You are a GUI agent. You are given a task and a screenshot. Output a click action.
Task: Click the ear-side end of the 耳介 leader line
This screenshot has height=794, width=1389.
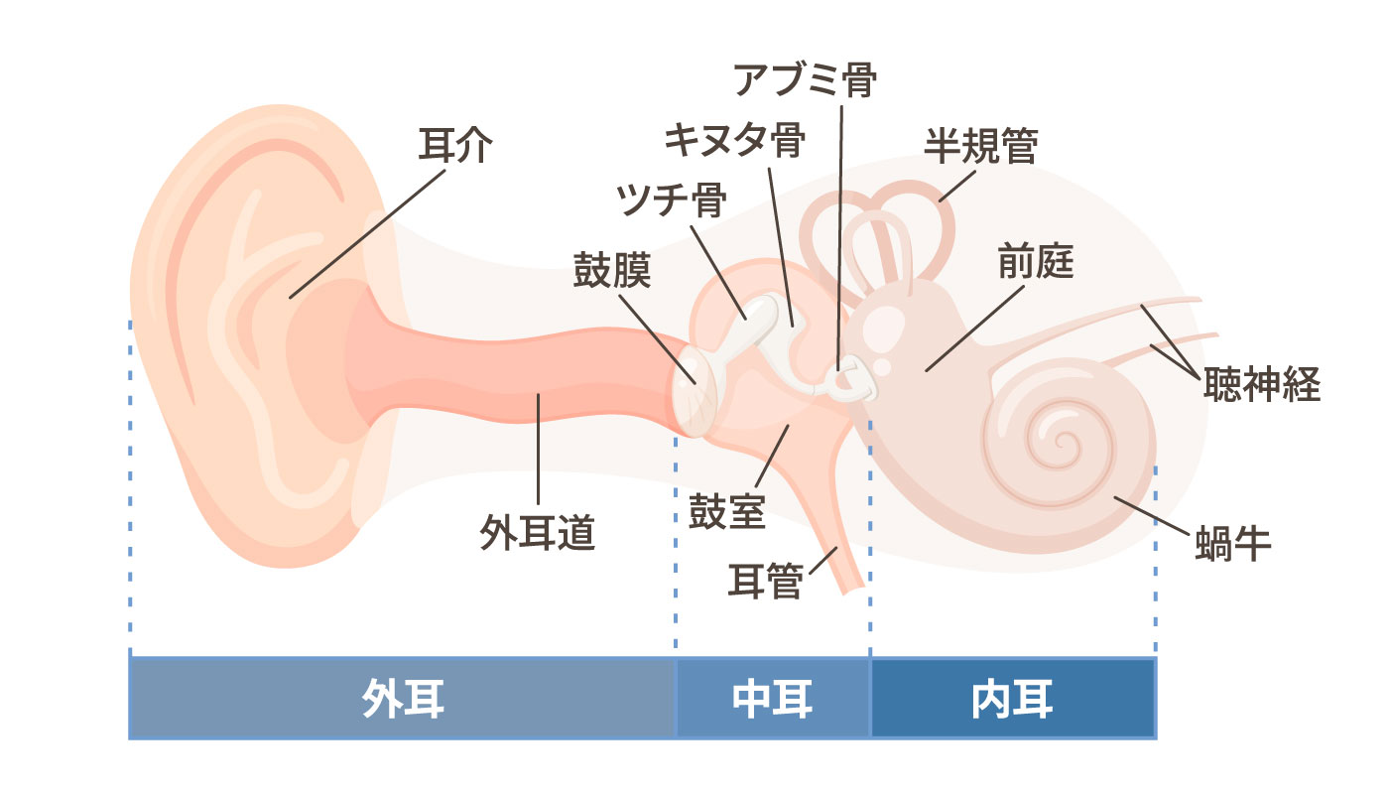point(290,299)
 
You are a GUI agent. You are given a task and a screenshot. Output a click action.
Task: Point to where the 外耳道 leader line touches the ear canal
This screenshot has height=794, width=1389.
point(538,395)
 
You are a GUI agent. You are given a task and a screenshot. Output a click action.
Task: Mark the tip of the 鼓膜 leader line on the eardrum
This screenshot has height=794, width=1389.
point(694,383)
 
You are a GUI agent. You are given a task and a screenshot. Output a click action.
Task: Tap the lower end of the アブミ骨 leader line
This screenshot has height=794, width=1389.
point(837,371)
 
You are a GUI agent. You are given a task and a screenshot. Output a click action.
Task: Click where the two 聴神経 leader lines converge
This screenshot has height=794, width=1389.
point(1199,377)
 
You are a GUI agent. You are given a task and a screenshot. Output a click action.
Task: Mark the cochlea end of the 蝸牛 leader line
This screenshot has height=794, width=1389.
point(1115,497)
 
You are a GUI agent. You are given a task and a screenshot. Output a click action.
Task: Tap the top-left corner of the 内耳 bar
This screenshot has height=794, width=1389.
point(871,658)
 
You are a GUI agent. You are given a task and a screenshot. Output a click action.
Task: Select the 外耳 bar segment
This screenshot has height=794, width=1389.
point(402,698)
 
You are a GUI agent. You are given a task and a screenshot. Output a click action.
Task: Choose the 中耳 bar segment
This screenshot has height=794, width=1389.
point(773,698)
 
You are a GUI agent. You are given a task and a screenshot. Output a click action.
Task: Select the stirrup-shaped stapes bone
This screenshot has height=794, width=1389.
point(851,378)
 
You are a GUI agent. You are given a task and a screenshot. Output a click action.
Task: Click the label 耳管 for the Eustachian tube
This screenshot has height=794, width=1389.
point(766,581)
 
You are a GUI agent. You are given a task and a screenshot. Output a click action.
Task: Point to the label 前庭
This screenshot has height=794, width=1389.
point(1036,262)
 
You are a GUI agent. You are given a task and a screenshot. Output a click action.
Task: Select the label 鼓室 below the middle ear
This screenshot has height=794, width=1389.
point(726,511)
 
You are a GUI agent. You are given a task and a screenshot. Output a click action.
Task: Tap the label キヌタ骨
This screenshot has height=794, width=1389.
point(735,140)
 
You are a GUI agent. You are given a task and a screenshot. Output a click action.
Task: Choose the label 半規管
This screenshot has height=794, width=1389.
point(981,147)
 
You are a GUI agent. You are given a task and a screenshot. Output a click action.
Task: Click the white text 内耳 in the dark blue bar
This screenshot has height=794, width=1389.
point(1012,699)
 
